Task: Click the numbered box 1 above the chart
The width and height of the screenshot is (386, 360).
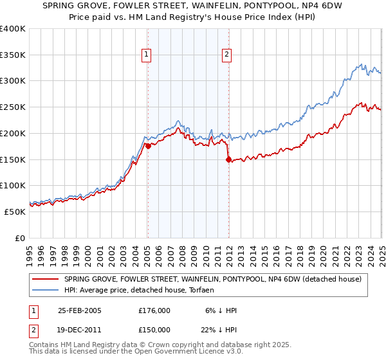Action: [x=147, y=55]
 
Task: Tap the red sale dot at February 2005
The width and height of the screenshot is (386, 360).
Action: [x=148, y=146]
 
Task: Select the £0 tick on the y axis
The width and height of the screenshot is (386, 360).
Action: [x=20, y=238]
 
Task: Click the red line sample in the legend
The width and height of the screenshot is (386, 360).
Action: [x=45, y=278]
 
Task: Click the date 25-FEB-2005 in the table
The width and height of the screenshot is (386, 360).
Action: [x=80, y=310]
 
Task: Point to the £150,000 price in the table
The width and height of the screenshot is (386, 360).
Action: [x=154, y=330]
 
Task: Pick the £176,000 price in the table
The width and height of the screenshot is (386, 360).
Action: [x=154, y=310]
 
